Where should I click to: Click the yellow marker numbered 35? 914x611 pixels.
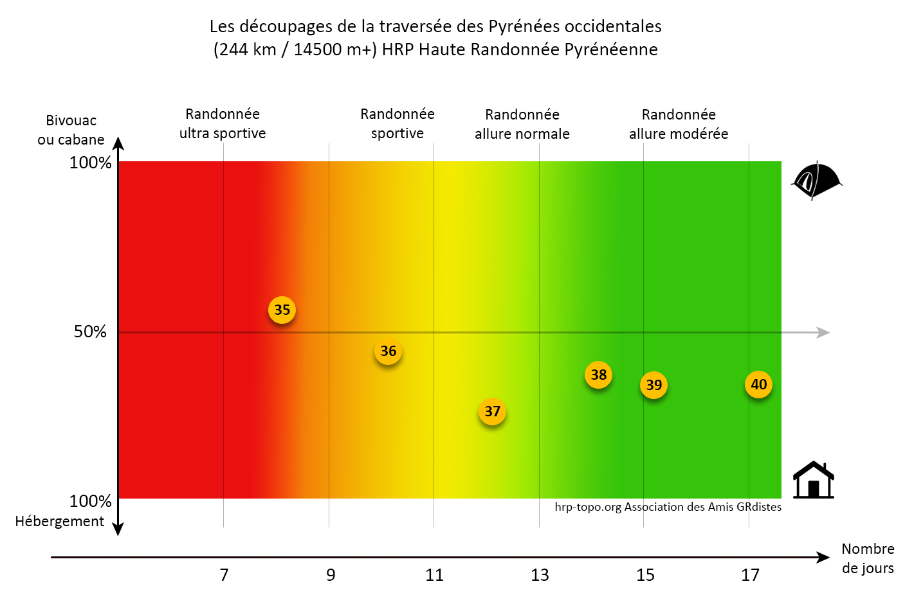coord(282,310)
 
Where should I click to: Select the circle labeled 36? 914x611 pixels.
coord(388,351)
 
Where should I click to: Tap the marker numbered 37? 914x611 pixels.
coord(492,412)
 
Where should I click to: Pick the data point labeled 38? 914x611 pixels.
coord(598,375)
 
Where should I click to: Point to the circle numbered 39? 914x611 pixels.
coord(654,385)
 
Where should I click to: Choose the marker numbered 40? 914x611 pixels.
coord(758,385)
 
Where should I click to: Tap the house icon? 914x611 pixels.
coord(813,481)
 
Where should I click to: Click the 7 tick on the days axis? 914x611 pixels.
coord(224,575)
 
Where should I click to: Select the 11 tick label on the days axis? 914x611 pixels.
coord(434,575)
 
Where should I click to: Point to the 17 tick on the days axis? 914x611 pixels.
coord(750,575)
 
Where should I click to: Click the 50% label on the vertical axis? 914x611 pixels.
coord(90,332)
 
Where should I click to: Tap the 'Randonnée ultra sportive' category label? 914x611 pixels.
coord(223,123)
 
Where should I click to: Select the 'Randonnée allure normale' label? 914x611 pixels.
coord(522,124)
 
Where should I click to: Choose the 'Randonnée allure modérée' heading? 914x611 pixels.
coord(679,124)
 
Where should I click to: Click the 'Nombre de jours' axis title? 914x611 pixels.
coord(868,558)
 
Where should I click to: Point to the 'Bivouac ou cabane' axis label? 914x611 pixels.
coord(71,130)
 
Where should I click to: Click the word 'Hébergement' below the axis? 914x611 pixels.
coord(59,522)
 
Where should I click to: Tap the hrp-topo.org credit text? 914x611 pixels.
coord(668,507)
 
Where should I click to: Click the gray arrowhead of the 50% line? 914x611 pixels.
coord(823,332)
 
